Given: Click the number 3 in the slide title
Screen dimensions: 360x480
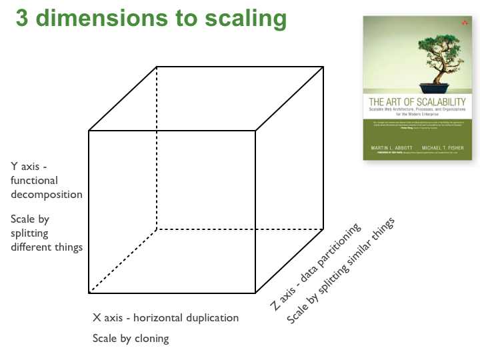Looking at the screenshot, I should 22,17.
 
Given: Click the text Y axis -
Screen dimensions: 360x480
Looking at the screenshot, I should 29,166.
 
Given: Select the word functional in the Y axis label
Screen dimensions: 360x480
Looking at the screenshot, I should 34,180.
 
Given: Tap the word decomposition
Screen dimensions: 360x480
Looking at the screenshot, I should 46,195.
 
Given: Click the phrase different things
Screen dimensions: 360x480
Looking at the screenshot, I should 46,247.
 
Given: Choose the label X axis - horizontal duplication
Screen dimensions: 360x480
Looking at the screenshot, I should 165,317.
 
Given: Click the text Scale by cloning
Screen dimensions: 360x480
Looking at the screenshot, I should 131,338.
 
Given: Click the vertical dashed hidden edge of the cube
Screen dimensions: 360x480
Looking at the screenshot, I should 157,147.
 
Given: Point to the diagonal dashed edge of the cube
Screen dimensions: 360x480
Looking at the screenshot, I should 123,261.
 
